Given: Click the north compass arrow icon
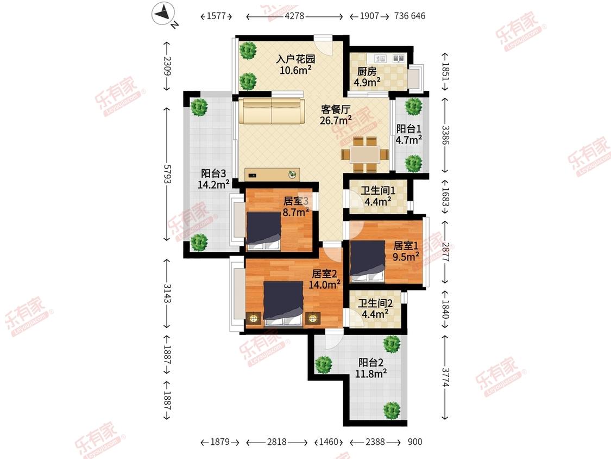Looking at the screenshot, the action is point(163,14).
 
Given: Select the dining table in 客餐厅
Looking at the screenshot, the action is point(365,154).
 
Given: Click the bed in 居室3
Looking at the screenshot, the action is point(263,231).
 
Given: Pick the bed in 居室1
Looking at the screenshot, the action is point(368,260).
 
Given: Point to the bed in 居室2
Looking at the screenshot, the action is point(284,303).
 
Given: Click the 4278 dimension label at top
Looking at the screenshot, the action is point(294,16).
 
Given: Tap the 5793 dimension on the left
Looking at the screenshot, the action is point(167,174).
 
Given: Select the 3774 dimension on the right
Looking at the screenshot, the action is point(445,377).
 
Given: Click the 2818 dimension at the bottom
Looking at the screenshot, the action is point(276,442).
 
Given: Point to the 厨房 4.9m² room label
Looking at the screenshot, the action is point(367,77).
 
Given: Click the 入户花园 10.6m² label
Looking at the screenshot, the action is point(295,64).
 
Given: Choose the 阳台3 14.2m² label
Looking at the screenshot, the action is point(213,179).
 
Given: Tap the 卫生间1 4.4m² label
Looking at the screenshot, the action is point(377,196).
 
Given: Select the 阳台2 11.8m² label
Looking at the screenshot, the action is point(371,368).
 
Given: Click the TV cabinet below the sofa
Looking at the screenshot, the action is point(273,175).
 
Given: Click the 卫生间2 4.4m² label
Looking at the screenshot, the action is point(375,309).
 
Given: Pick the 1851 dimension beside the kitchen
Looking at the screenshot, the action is point(445,72).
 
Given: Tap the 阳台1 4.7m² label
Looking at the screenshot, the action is point(409,134).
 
